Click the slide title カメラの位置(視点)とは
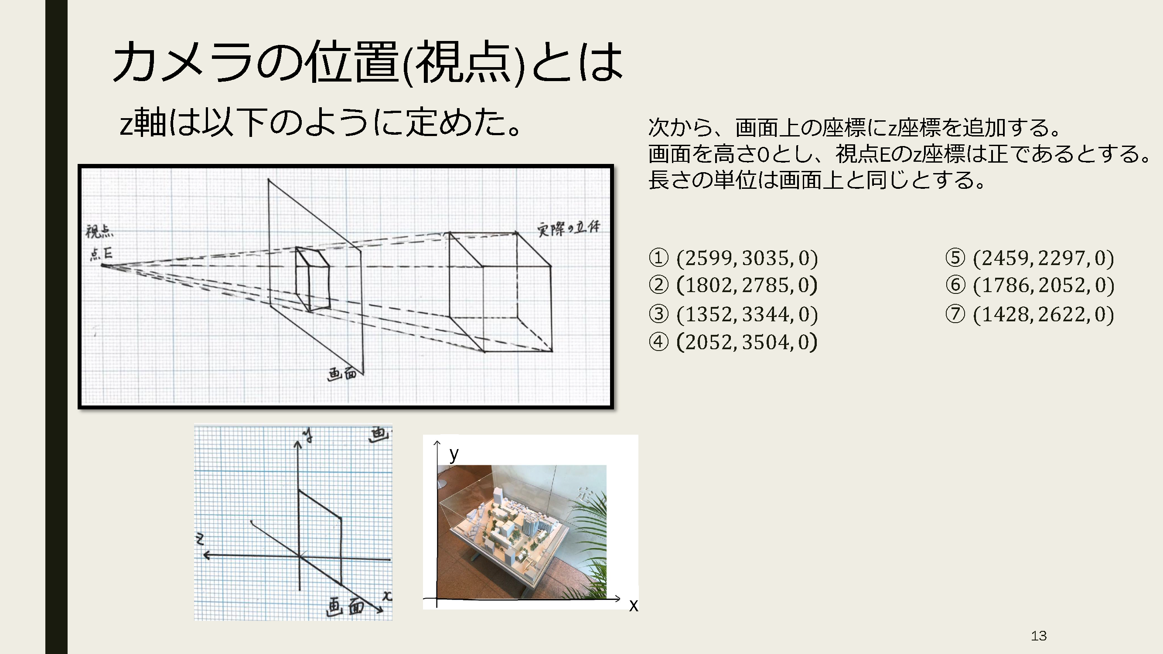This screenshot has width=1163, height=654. [x=368, y=62]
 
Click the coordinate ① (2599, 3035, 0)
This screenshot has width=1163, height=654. [x=733, y=258]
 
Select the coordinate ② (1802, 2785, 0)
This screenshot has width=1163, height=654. [x=733, y=285]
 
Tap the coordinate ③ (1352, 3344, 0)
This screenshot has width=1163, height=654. [x=733, y=314]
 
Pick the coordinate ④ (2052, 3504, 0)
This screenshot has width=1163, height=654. [x=733, y=342]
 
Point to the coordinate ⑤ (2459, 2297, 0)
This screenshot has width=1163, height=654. [x=1030, y=258]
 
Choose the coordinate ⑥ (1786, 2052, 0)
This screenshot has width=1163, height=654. [x=1030, y=285]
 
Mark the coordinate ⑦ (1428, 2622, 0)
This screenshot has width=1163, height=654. [x=1030, y=314]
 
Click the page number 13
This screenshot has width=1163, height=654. [x=1039, y=636]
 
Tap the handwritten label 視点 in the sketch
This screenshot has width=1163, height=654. [x=100, y=231]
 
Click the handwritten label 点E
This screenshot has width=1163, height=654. [x=101, y=254]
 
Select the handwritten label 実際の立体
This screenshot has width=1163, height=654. [x=568, y=228]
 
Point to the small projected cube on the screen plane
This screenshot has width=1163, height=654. [x=312, y=279]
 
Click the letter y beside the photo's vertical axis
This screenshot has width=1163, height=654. [x=454, y=453]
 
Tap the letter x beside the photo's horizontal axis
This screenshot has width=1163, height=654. [x=634, y=606]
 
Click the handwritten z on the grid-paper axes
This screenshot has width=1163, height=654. [x=200, y=538]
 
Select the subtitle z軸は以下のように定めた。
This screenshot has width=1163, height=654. [x=321, y=123]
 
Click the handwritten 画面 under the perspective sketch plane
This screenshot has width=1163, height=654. [x=342, y=374]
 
